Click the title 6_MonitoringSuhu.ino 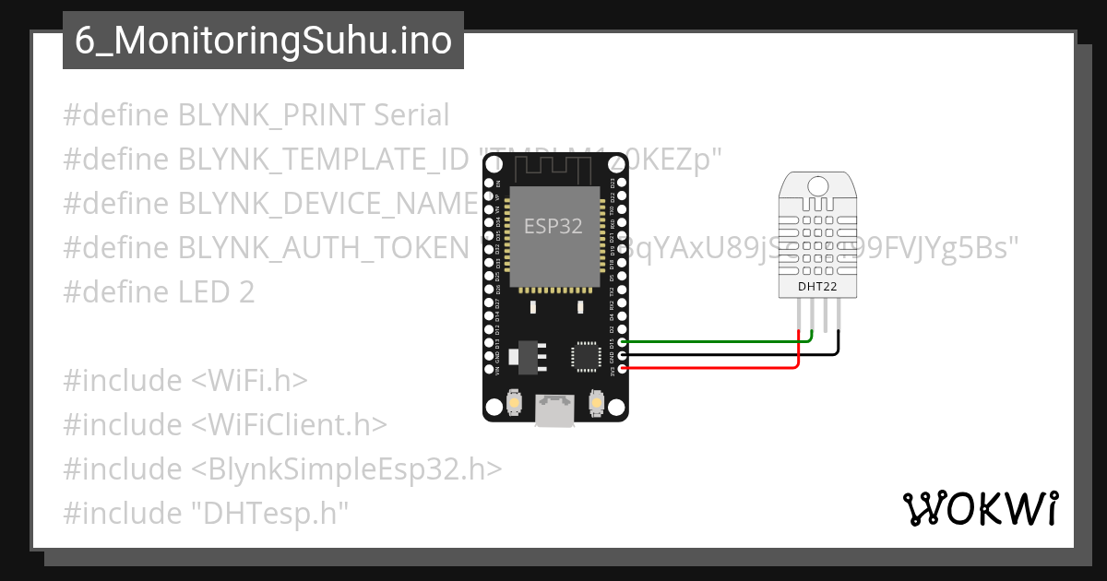click(x=263, y=41)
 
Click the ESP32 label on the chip click(x=553, y=225)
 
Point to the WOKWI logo click(x=979, y=508)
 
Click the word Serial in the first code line click(x=411, y=115)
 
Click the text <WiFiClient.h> click(x=289, y=425)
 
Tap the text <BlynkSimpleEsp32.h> click(x=347, y=469)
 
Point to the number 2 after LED click(x=245, y=292)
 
